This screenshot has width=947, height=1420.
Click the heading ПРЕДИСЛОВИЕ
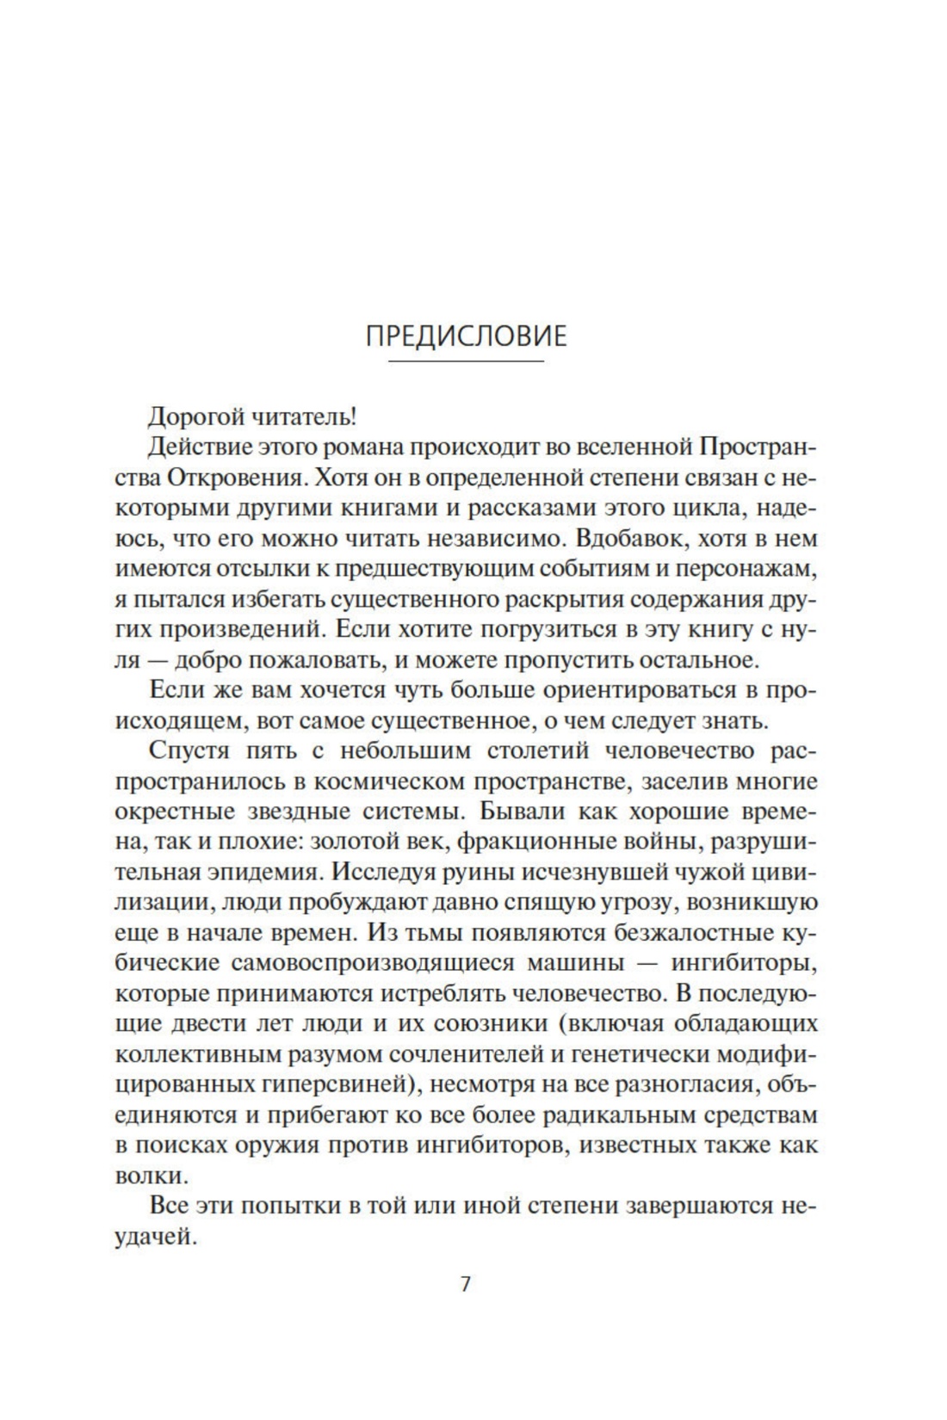466,336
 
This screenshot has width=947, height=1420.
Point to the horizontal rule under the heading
466,361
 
